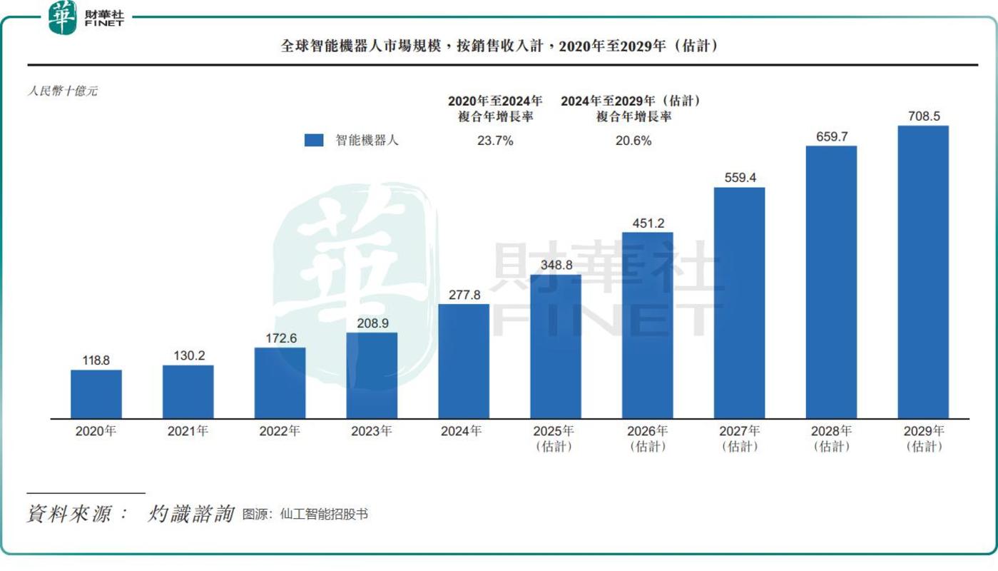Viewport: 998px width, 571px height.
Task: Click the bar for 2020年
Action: pyautogui.click(x=96, y=393)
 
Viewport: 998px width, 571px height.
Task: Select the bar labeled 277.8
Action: pyautogui.click(x=464, y=360)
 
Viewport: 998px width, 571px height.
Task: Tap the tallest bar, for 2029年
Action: pyautogui.click(x=923, y=272)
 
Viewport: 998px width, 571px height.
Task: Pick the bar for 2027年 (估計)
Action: pyautogui.click(x=740, y=303)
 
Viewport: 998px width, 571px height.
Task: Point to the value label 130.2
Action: pyautogui.click(x=188, y=355)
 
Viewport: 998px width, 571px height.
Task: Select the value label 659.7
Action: pyautogui.click(x=831, y=136)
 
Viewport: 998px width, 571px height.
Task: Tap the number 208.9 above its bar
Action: pyautogui.click(x=372, y=323)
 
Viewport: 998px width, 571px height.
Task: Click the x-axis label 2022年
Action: pyautogui.click(x=280, y=431)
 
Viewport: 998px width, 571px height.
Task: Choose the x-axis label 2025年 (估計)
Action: pyautogui.click(x=556, y=438)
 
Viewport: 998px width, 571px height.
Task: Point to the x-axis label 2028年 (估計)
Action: pyautogui.click(x=832, y=438)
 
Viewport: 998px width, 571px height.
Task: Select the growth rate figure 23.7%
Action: pyautogui.click(x=495, y=141)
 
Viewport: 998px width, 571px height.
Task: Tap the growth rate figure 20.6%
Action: pyautogui.click(x=633, y=141)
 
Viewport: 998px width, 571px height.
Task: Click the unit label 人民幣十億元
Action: pyautogui.click(x=62, y=91)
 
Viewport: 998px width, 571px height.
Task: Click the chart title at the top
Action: pyautogui.click(x=499, y=46)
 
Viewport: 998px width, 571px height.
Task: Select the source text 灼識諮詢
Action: pyautogui.click(x=191, y=514)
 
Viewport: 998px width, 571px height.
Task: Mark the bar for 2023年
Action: pyautogui.click(x=372, y=375)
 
